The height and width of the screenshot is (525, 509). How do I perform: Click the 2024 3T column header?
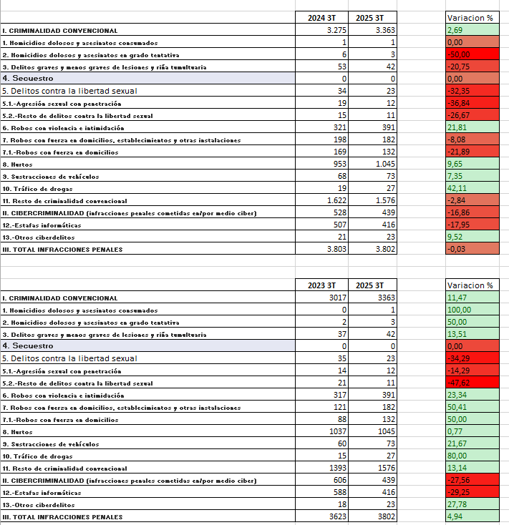(321, 18)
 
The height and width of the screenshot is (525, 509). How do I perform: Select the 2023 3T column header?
(321, 285)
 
